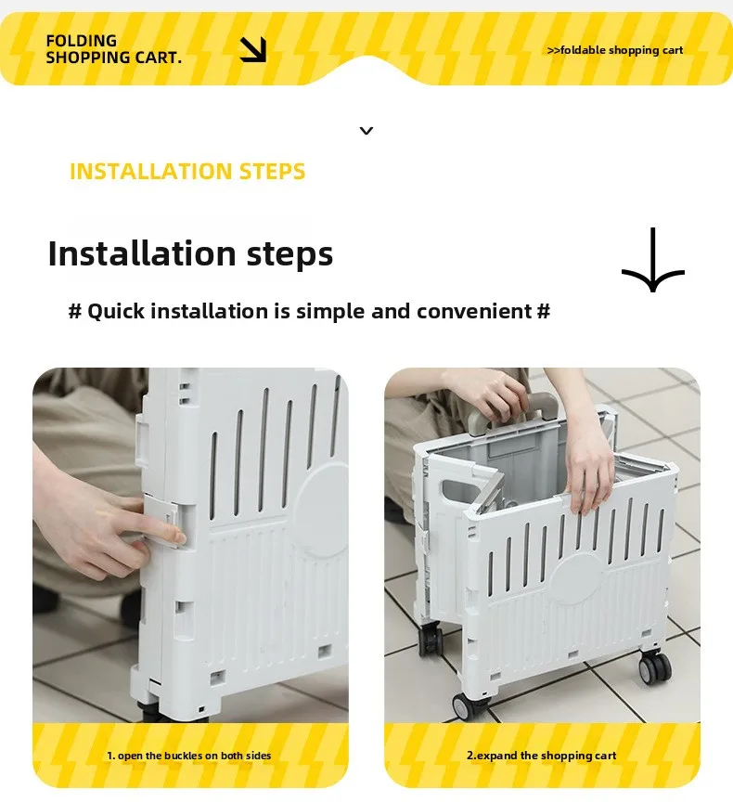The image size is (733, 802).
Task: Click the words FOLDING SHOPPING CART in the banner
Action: (113, 49)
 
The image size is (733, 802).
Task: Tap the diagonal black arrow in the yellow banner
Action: (253, 49)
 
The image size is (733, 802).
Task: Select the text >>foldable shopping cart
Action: (615, 50)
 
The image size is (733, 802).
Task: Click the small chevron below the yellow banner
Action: (366, 131)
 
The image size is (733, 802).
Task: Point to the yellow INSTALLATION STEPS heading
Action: (187, 172)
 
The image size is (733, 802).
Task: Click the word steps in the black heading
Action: (289, 254)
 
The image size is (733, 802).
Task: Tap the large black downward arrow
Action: (653, 260)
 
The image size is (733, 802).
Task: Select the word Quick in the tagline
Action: (116, 312)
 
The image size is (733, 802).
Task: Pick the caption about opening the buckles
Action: (189, 756)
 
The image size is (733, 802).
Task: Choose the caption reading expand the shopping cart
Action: (541, 756)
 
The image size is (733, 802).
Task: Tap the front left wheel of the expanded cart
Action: (466, 706)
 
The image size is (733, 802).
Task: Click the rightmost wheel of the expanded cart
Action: (654, 667)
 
